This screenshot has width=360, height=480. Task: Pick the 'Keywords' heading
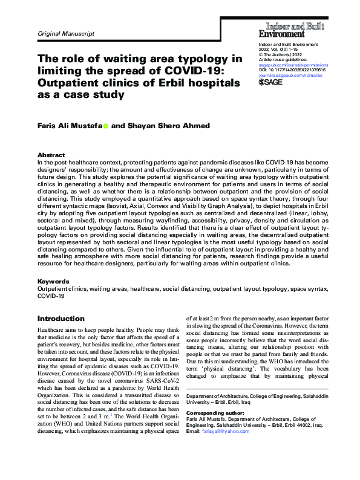point(53,282)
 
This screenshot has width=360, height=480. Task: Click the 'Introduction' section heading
point(61,318)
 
